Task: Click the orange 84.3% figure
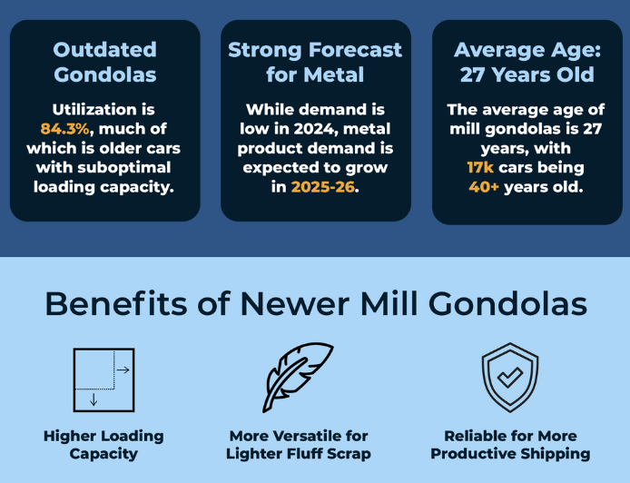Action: point(64,129)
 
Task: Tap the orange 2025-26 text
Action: point(323,187)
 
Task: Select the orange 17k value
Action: point(480,168)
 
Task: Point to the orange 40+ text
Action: point(484,187)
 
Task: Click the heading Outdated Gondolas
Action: point(105,63)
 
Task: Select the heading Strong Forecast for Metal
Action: point(315,63)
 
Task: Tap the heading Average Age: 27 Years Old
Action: point(527,63)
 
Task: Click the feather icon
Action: point(298,378)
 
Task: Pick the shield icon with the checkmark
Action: point(510,378)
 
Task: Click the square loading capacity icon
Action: point(103,380)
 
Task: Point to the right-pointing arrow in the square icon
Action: point(123,370)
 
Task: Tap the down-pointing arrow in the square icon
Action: point(94,399)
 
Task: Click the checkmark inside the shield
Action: point(510,378)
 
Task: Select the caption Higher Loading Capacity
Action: point(103,445)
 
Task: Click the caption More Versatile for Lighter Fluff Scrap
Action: point(298,445)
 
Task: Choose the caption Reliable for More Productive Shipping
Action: point(510,445)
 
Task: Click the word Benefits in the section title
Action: point(116,304)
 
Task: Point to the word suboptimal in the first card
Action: point(124,168)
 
